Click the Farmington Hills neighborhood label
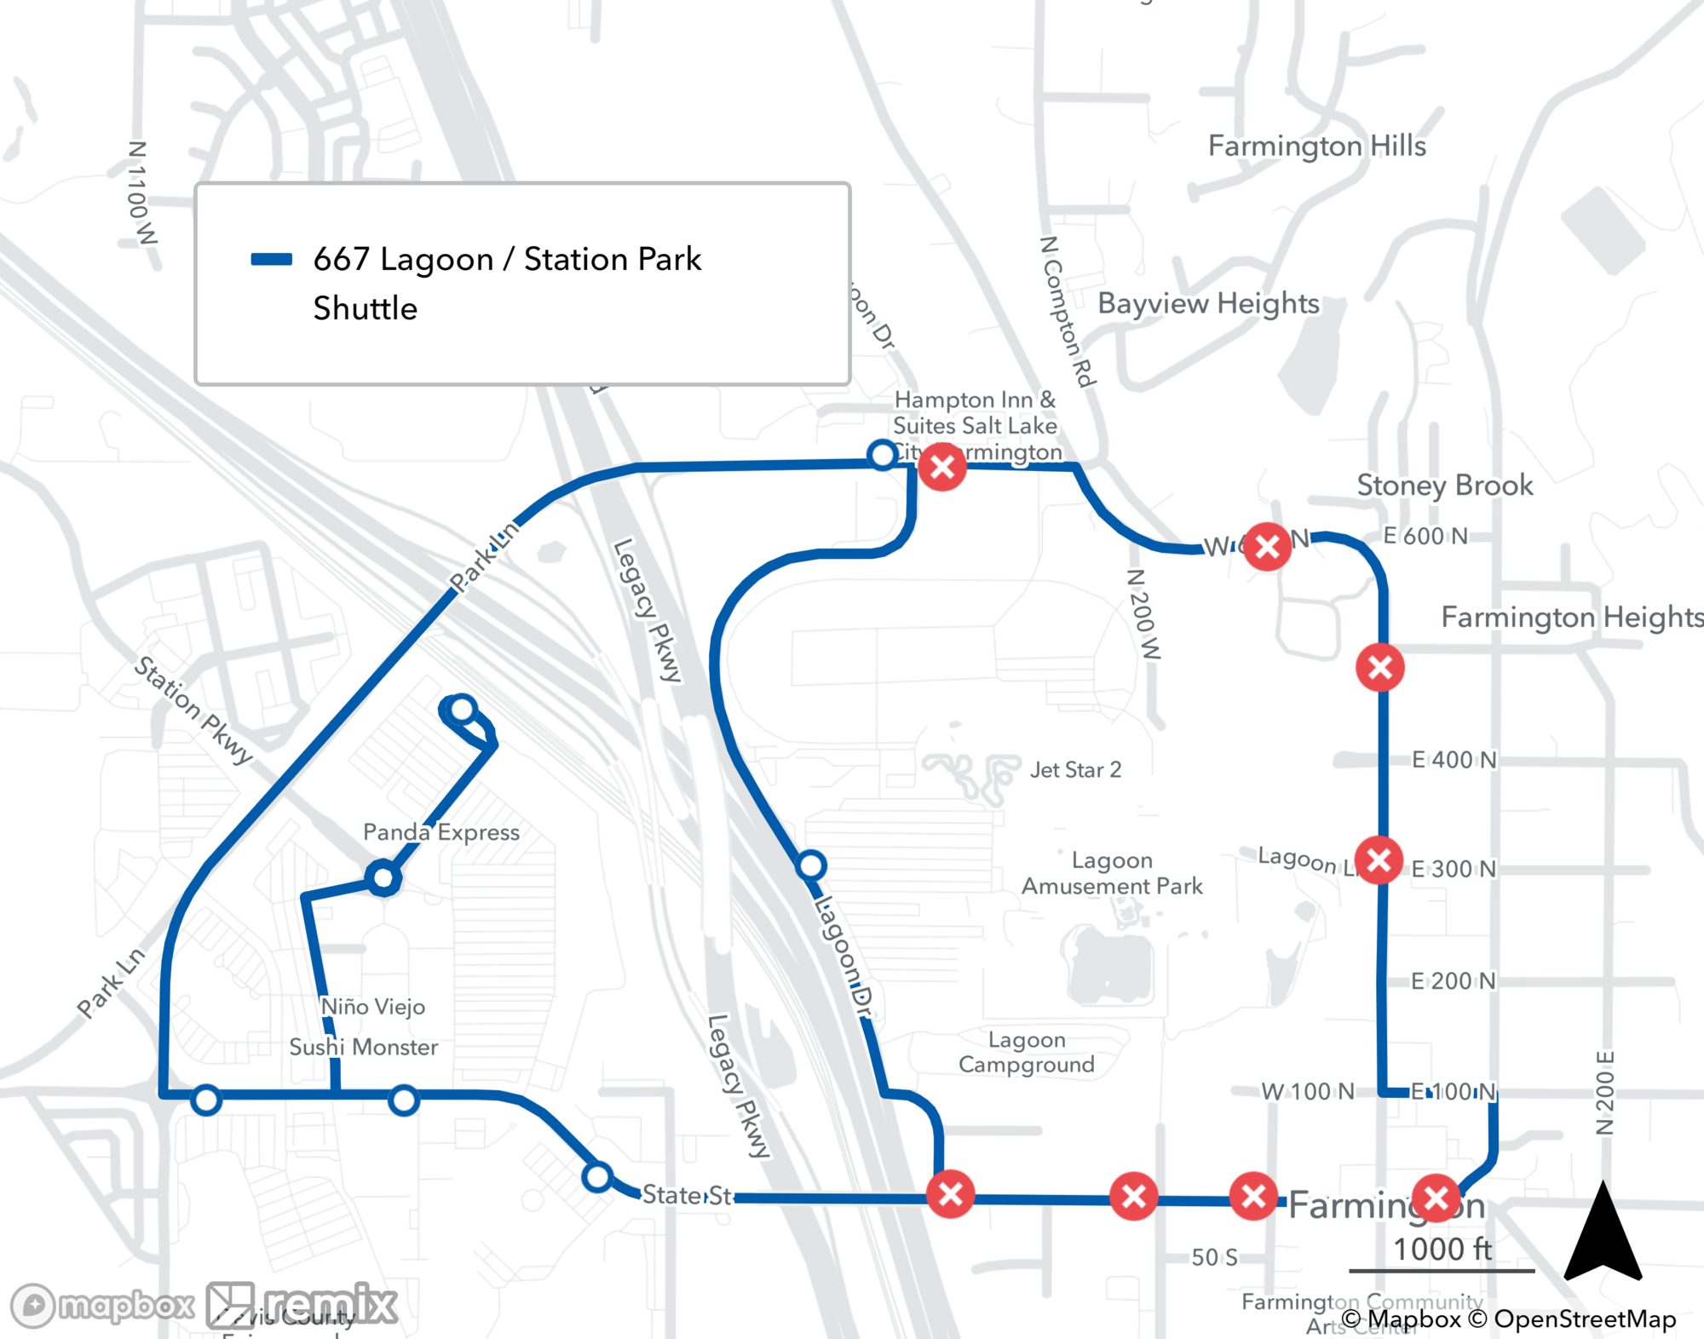1316,147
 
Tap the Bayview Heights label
1208,303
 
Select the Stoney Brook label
1444,486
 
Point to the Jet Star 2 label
1075,770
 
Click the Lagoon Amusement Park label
1112,873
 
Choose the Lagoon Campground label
1027,1052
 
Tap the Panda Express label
440,832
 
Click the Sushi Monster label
363,1047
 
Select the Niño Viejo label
373,1007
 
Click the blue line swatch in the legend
272,260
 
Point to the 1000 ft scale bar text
1442,1250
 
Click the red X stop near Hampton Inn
942,467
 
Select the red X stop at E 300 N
1379,860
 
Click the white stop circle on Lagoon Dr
811,866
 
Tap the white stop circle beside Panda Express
383,877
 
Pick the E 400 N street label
1454,760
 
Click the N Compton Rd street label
1068,312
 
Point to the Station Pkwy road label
193,710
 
